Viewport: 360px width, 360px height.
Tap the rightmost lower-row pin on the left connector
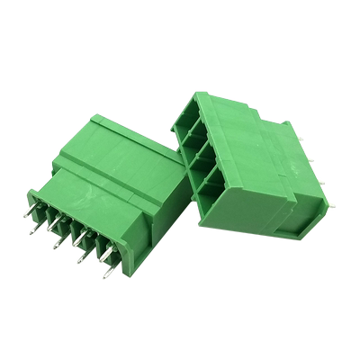106,269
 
